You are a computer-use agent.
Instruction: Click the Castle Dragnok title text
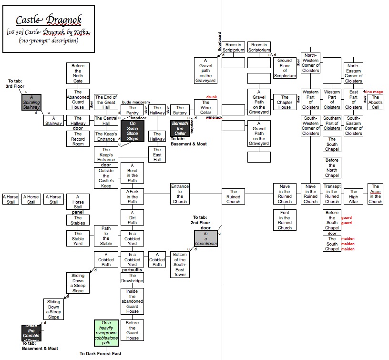(x=49, y=20)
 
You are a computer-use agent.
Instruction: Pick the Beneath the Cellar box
(x=180, y=128)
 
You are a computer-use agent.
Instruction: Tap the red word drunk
(x=211, y=97)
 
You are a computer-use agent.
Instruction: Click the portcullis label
(x=132, y=269)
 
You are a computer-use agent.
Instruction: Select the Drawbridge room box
(x=132, y=278)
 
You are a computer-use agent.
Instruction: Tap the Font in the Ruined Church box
(x=285, y=220)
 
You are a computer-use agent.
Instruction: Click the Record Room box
(x=77, y=139)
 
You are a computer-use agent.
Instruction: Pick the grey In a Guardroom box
(x=206, y=238)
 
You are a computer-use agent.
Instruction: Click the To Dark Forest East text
(x=101, y=354)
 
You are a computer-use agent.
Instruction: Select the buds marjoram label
(x=136, y=102)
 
